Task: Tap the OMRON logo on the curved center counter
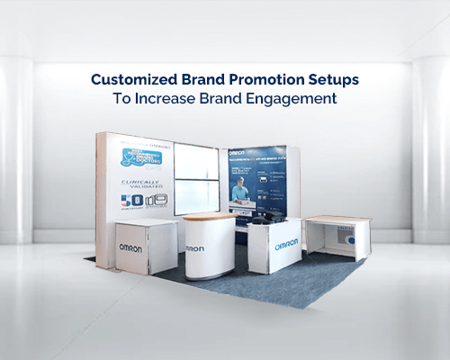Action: point(195,247)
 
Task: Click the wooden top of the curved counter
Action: point(207,219)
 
